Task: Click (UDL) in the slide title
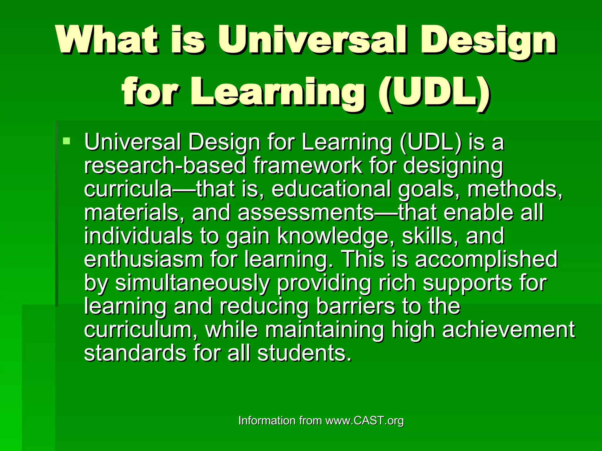pyautogui.click(x=434, y=92)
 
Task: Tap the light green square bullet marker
pyautogui.click(x=67, y=141)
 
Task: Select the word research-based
pyautogui.click(x=165, y=165)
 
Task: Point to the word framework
pyautogui.click(x=307, y=165)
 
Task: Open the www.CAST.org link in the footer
pyautogui.click(x=364, y=421)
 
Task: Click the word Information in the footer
pyautogui.click(x=267, y=420)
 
